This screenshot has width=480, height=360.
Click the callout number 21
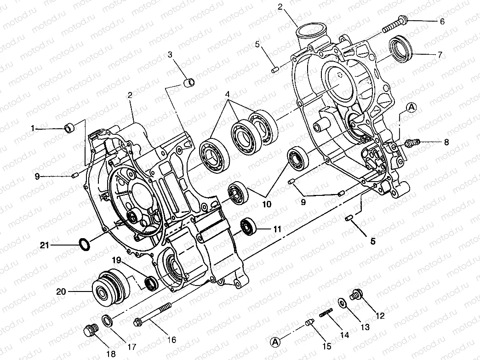tap(44, 246)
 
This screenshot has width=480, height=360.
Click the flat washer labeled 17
tap(106, 320)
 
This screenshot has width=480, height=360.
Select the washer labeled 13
tap(343, 304)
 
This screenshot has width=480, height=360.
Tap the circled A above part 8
tap(411, 107)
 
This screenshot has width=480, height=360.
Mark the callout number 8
tap(446, 142)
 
